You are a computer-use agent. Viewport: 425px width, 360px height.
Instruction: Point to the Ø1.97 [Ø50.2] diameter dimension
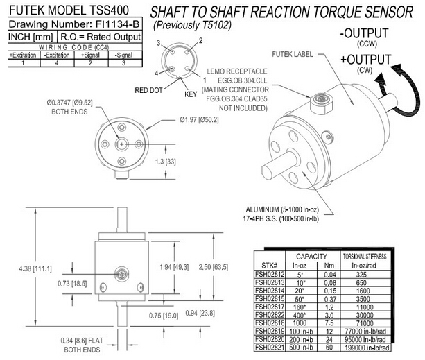[x=183, y=119]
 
